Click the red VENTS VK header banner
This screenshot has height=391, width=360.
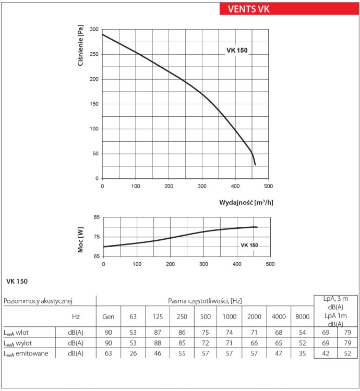(x=289, y=9)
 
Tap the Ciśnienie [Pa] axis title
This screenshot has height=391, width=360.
(x=80, y=45)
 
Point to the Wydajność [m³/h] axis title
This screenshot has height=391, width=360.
(x=246, y=202)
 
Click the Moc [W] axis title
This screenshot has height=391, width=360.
(x=80, y=240)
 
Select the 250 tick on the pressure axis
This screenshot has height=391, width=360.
(x=94, y=54)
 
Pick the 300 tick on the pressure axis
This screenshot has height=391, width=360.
(x=94, y=29)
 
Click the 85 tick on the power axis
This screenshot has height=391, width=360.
(x=97, y=217)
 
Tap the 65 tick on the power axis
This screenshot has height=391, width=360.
(x=97, y=256)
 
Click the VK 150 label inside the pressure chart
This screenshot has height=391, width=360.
(x=237, y=51)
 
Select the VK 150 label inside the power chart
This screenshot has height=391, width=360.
(x=249, y=245)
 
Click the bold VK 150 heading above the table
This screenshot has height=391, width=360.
(x=17, y=282)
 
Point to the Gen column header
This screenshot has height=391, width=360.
(x=109, y=316)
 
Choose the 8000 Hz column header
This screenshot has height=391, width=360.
(x=303, y=316)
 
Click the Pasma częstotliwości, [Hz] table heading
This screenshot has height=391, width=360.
(x=205, y=301)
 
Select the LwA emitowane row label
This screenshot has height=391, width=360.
(x=26, y=353)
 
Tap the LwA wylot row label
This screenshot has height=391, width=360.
(x=18, y=343)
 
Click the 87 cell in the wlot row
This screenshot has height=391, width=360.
(x=158, y=332)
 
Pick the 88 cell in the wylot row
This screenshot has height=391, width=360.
(x=158, y=343)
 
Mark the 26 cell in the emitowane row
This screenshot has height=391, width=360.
(x=133, y=353)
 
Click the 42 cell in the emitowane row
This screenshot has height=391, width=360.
(x=326, y=353)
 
